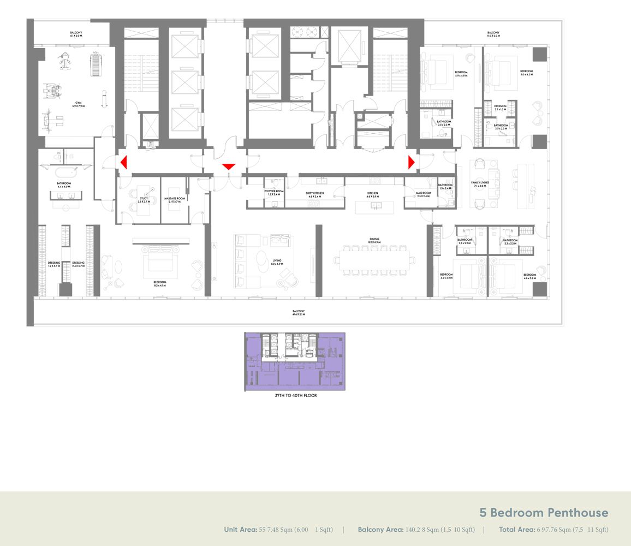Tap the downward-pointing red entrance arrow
tap(229, 167)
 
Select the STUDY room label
tap(144, 200)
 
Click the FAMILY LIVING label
tap(480, 184)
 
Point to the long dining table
tap(374, 258)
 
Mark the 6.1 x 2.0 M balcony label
tap(76, 34)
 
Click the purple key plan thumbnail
tap(294, 361)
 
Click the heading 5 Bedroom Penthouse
tap(544, 513)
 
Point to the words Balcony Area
tap(380, 530)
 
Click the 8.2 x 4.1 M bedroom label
tap(159, 284)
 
